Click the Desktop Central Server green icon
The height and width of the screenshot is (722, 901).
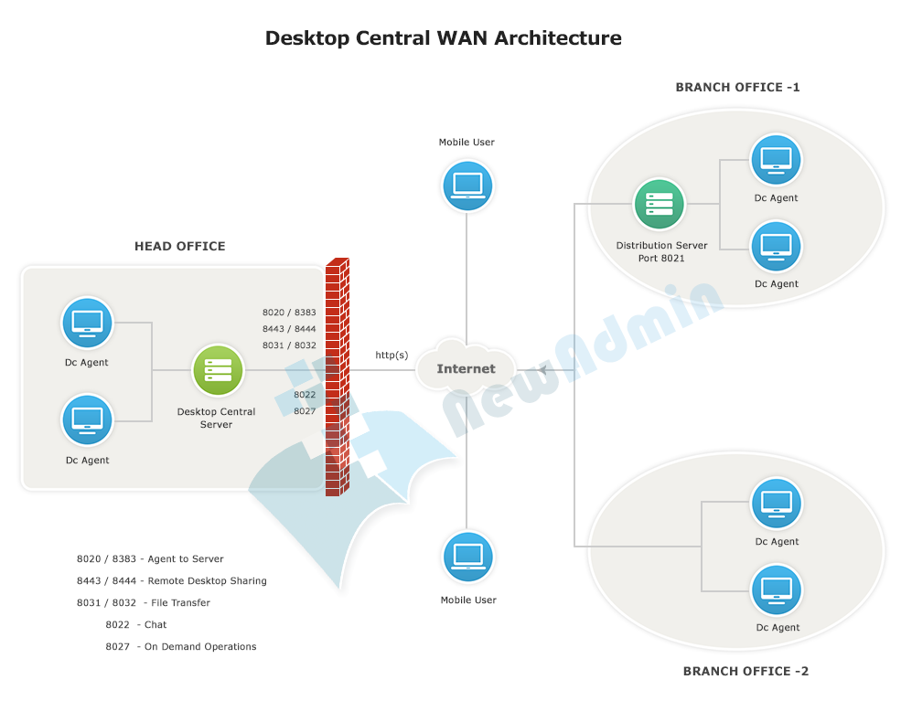[x=218, y=370]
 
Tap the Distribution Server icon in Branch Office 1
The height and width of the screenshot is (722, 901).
[x=660, y=204]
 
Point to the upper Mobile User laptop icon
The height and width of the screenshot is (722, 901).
[x=467, y=186]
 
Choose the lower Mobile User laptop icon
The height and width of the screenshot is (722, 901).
[x=467, y=557]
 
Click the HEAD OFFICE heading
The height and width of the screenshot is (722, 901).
[x=179, y=246]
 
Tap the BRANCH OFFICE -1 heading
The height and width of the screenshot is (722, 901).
[x=737, y=88]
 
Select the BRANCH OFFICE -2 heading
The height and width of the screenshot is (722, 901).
[x=745, y=671]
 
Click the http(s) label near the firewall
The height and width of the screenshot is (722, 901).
[x=392, y=355]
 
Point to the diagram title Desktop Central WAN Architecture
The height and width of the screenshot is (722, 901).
[x=443, y=38]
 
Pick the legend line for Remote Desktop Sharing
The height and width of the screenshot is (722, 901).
[x=172, y=581]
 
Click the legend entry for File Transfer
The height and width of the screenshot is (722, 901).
[x=144, y=603]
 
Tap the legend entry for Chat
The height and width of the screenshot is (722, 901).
[x=136, y=625]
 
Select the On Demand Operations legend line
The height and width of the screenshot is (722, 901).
[x=181, y=647]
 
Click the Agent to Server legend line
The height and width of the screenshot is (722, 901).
[x=150, y=559]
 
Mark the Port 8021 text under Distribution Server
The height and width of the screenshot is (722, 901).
[x=661, y=259]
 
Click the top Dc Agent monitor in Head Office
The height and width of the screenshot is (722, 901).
[x=88, y=323]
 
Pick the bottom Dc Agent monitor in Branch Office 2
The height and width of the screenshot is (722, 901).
[x=776, y=589]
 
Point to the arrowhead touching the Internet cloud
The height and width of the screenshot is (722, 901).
[x=542, y=370]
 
